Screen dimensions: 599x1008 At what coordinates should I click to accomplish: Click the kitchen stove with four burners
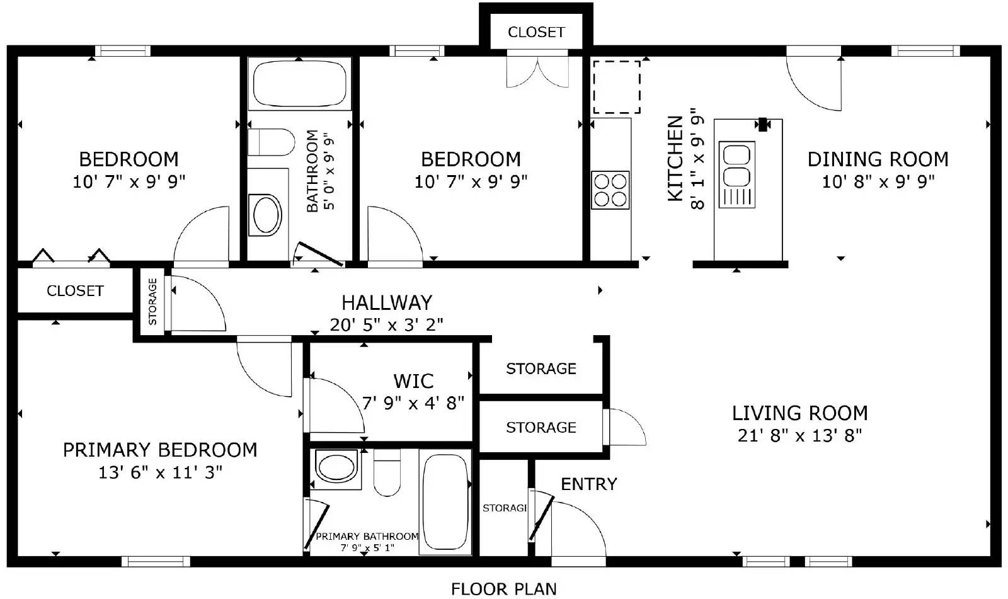point(610,190)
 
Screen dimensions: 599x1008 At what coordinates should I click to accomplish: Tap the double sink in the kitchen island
point(736,165)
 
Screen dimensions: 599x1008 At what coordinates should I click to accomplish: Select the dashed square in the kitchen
point(616,87)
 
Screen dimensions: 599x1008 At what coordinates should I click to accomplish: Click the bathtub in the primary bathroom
point(445,502)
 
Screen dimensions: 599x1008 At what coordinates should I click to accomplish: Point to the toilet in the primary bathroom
point(387,473)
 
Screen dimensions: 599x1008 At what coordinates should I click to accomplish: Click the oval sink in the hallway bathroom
point(266,215)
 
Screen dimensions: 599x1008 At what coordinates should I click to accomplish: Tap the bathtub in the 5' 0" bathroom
point(300,84)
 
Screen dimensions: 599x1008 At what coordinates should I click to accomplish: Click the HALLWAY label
point(387,303)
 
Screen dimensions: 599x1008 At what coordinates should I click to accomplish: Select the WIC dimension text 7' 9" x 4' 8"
point(413,402)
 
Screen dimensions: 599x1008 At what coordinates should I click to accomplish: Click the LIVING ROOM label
point(799,413)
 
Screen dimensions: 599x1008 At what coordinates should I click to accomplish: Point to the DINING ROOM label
point(878,159)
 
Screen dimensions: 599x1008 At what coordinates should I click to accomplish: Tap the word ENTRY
point(588,484)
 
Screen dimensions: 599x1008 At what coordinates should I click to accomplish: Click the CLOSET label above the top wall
point(536,32)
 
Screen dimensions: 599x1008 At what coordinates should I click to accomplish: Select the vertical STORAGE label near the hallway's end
point(152,301)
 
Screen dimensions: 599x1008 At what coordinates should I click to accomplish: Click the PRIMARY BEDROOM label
point(160,450)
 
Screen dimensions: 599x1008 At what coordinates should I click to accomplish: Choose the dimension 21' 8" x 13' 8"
point(799,435)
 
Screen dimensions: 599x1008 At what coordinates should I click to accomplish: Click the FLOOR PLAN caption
point(504,589)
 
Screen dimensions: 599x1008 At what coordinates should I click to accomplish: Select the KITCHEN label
point(675,159)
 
